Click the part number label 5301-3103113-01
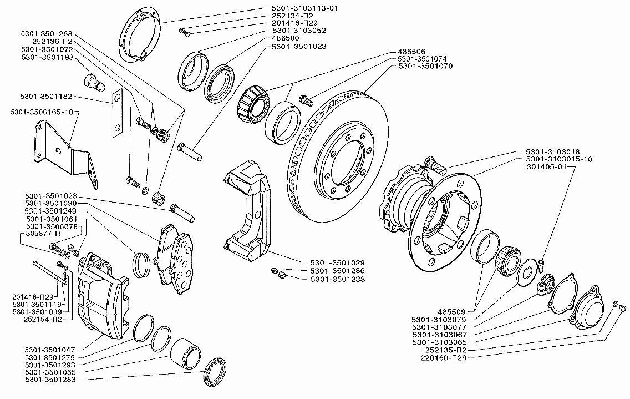pyautogui.click(x=305, y=8)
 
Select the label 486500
pyautogui.click(x=285, y=38)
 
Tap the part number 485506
pyautogui.click(x=411, y=52)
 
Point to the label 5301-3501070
pyautogui.click(x=425, y=66)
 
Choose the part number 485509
pyautogui.click(x=451, y=312)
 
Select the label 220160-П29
pyautogui.click(x=443, y=358)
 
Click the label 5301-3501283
pyautogui.click(x=50, y=380)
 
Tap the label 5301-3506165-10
pyautogui.click(x=42, y=112)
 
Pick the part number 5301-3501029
pyautogui.click(x=338, y=263)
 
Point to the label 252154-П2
pyautogui.click(x=43, y=319)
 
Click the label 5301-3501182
pyautogui.click(x=46, y=97)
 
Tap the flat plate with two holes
pyautogui.click(x=117, y=113)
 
